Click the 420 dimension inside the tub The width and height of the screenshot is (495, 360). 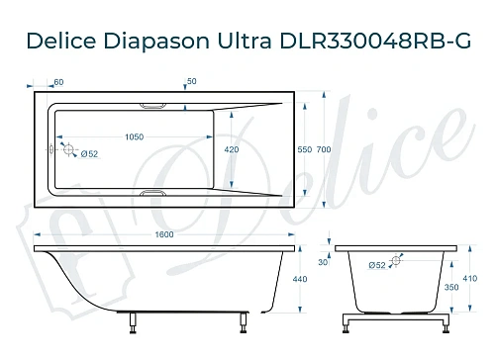pos(230,148)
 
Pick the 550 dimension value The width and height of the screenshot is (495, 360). pos(304,148)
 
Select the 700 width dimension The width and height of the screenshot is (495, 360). pos(324,148)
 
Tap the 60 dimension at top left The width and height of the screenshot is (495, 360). pos(59,81)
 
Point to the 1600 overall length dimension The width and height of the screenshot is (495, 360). pos(164,234)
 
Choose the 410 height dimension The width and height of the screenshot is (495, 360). pos(469,278)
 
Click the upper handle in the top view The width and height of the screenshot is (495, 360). pos(156,104)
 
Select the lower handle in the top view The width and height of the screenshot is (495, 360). pos(156,194)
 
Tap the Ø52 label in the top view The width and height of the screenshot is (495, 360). pos(88,155)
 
